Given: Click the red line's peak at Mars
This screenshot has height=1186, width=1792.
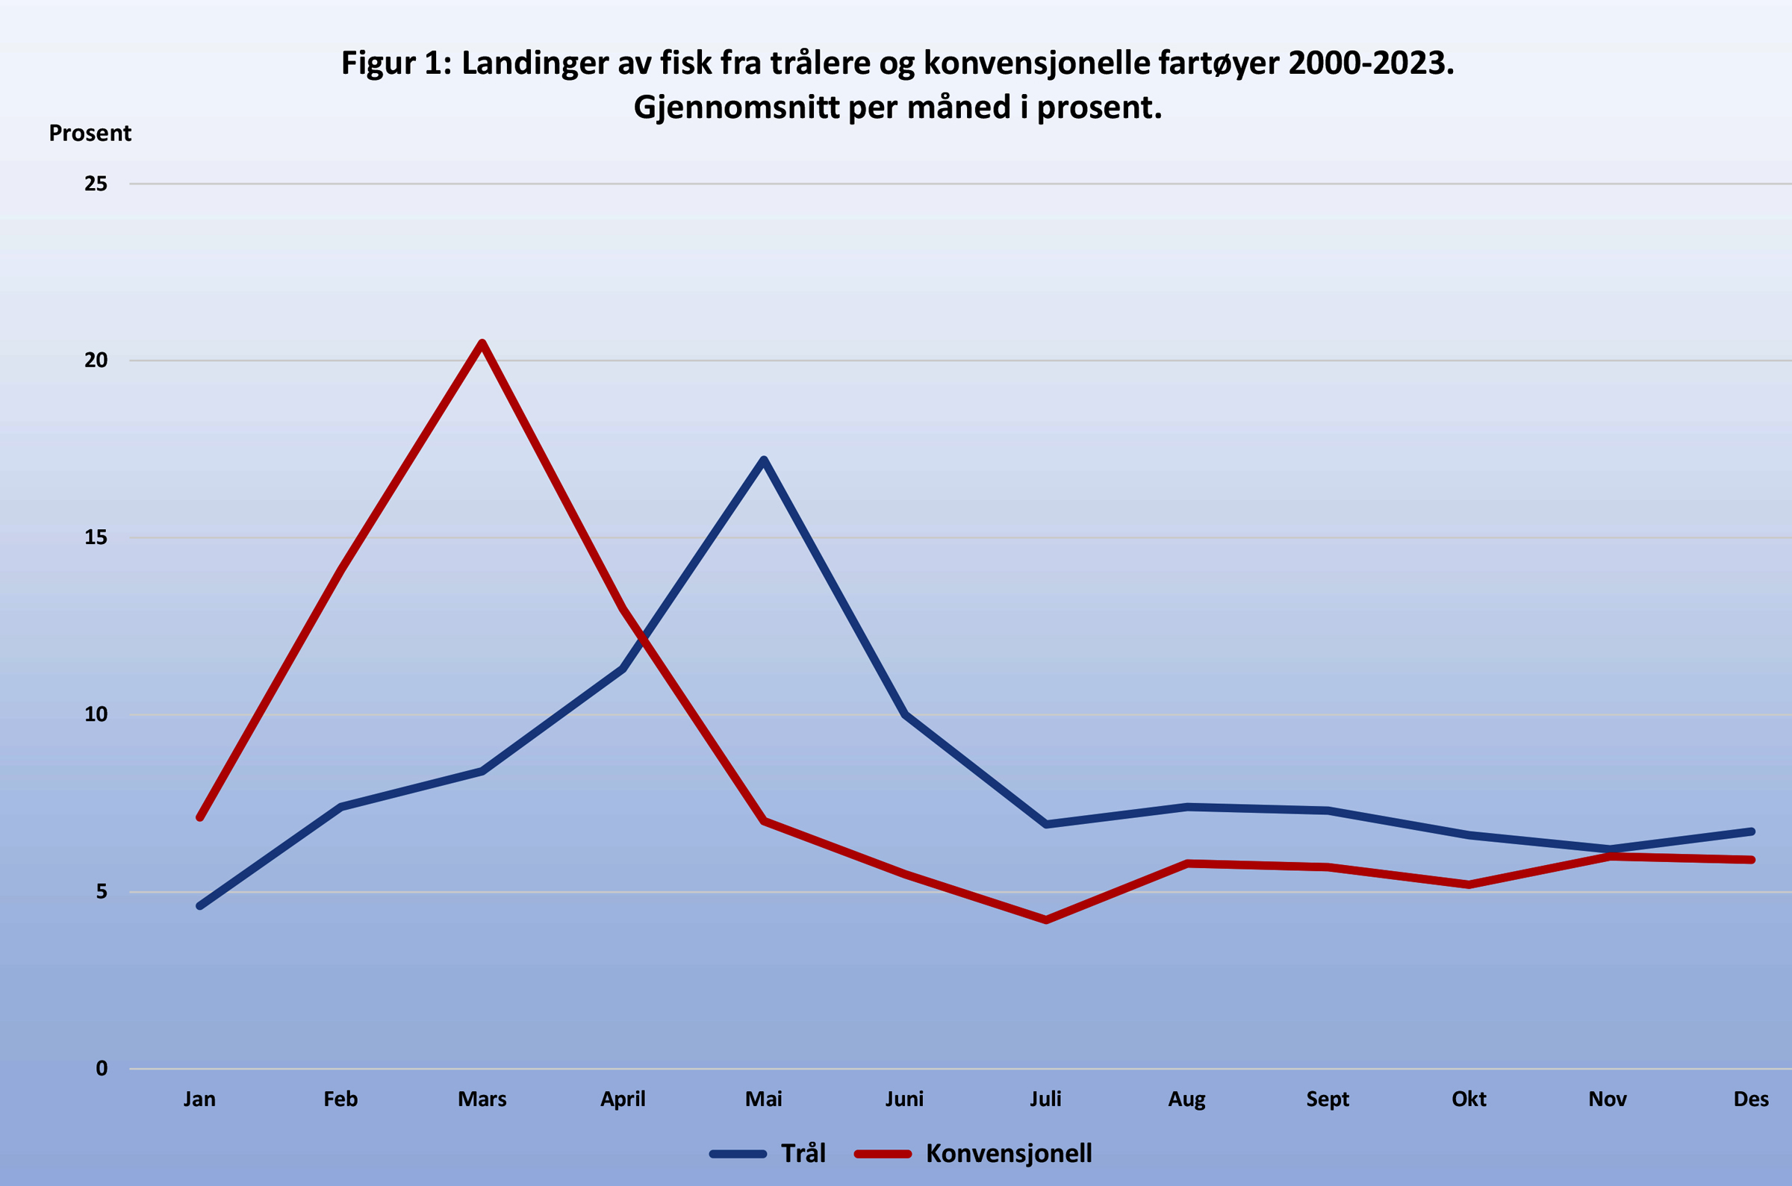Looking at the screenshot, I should click(x=482, y=343).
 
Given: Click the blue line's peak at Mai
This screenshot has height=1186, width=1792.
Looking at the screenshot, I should click(x=764, y=460).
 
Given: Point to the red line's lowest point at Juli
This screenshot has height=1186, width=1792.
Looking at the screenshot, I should click(x=1046, y=920).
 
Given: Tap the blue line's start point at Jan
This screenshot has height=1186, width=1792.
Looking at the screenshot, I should click(x=199, y=905).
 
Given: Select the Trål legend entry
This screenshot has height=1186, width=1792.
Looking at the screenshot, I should click(x=768, y=1153).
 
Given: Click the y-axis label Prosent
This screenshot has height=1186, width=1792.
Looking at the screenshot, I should click(x=90, y=133).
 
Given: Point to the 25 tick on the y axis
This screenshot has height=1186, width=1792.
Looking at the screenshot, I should click(x=96, y=184).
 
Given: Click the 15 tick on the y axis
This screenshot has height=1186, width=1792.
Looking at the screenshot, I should click(x=96, y=538).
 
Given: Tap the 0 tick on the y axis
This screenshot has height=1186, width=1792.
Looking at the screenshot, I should click(x=102, y=1069).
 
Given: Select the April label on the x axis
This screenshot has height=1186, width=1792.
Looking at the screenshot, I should click(x=623, y=1099).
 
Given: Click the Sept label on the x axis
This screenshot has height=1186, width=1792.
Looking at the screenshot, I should click(x=1328, y=1099).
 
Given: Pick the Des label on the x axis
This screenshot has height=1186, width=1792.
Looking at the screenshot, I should click(x=1751, y=1099).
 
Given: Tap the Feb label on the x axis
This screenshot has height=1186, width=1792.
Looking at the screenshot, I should click(x=340, y=1099).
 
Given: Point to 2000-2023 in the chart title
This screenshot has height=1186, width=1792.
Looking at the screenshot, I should click(x=1370, y=63).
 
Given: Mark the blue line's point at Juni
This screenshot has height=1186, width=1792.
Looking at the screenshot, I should click(x=905, y=715).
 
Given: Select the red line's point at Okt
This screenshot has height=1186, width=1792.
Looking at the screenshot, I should click(x=1469, y=884).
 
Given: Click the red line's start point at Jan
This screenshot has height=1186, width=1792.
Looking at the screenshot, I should click(x=199, y=817).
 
